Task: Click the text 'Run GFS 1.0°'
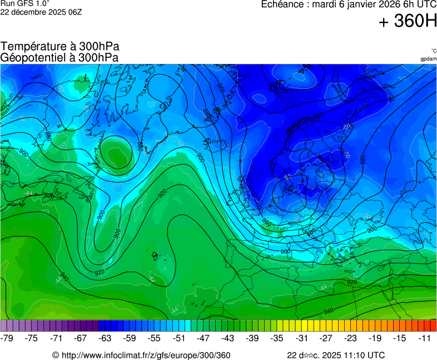[x=25, y=3]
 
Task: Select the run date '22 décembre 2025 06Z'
[x=41, y=12]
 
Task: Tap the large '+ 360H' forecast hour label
[x=408, y=22]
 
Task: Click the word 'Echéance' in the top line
[x=281, y=4]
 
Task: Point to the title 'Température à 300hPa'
[x=59, y=47]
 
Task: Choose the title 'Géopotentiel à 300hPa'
[x=59, y=57]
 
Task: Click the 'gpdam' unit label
[x=428, y=59]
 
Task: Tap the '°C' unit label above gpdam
[x=433, y=51]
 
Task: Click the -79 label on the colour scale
[x=7, y=338]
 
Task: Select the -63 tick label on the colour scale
[x=106, y=338]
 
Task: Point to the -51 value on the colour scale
[x=180, y=338]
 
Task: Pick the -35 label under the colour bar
[x=277, y=338]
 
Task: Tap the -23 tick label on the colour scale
[x=351, y=338]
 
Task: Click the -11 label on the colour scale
[x=425, y=338]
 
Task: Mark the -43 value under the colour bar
[x=229, y=338]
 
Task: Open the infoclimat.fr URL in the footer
[x=141, y=355]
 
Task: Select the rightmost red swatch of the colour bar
[x=433, y=326]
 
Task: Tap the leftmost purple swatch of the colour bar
[x=4, y=326]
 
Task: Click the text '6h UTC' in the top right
[x=419, y=4]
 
